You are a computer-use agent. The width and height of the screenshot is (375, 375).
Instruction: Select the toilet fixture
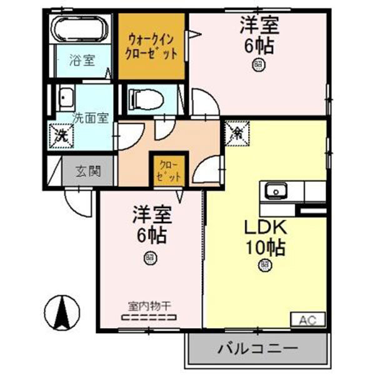144,99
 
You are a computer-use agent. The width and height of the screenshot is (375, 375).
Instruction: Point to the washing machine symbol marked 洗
61,134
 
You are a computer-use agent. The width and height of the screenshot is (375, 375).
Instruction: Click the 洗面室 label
91,117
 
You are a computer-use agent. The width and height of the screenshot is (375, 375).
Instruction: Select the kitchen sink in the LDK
274,190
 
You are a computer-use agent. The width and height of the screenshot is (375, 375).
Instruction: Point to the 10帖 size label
264,247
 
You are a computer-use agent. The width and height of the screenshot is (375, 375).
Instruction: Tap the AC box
307,321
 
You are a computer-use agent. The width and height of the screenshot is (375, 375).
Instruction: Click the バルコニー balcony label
257,348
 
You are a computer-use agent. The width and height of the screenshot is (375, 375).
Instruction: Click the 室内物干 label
149,306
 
